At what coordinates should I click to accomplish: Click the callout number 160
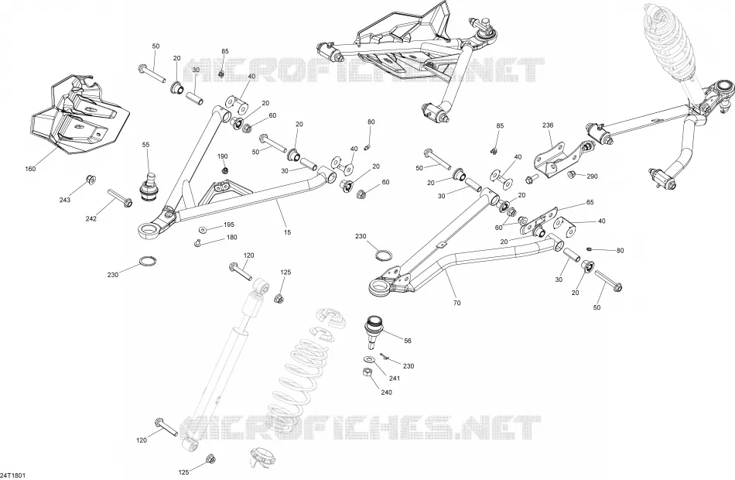pyautogui.click(x=30, y=169)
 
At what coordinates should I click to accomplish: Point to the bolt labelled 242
pyautogui.click(x=120, y=197)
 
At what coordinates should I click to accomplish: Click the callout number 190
pyautogui.click(x=222, y=156)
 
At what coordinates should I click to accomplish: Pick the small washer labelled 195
pyautogui.click(x=203, y=230)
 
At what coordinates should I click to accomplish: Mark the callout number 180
pyautogui.click(x=231, y=238)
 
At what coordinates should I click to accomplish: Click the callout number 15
pyautogui.click(x=287, y=231)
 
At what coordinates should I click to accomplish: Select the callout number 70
pyautogui.click(x=456, y=303)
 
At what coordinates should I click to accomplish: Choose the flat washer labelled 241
pyautogui.click(x=369, y=359)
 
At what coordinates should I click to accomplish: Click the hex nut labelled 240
pyautogui.click(x=368, y=372)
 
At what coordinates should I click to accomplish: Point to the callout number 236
pyautogui.click(x=548, y=125)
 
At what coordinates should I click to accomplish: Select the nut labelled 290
pyautogui.click(x=572, y=175)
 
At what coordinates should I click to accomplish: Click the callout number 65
pyautogui.click(x=590, y=202)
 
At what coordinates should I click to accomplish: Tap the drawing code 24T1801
pyautogui.click(x=12, y=475)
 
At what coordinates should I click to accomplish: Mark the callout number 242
pyautogui.click(x=91, y=218)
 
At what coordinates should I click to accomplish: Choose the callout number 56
pyautogui.click(x=407, y=341)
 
